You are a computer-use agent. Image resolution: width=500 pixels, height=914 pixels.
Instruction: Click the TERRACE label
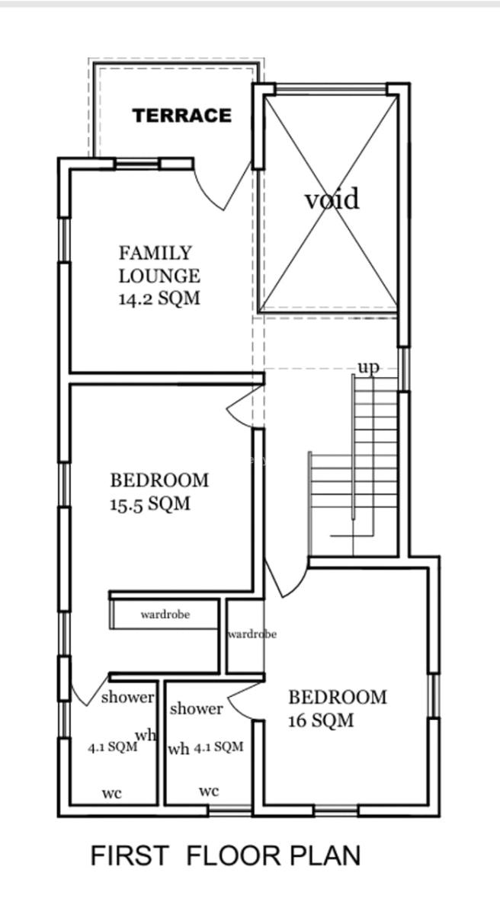click(x=182, y=116)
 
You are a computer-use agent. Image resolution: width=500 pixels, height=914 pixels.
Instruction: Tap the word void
click(x=332, y=199)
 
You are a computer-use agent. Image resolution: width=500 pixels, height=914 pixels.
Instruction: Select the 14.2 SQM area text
click(x=159, y=299)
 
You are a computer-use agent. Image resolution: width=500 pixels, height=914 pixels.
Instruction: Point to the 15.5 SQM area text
click(x=150, y=504)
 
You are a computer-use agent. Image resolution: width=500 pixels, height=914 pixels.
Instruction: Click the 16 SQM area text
click(x=321, y=721)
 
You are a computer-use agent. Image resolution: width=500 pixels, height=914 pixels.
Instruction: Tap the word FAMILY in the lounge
click(x=155, y=253)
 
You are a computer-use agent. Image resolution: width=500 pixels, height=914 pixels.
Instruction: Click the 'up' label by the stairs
click(x=369, y=367)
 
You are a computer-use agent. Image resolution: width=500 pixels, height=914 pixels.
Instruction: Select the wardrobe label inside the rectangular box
click(x=165, y=614)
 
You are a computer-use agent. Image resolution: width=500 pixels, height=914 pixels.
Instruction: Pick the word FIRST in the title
click(x=130, y=855)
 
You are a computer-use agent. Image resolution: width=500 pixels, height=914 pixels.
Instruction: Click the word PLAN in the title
click(x=325, y=855)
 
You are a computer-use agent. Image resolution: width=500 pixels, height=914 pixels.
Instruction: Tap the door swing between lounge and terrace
click(x=223, y=186)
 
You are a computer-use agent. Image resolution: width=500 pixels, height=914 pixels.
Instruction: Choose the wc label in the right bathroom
click(x=209, y=791)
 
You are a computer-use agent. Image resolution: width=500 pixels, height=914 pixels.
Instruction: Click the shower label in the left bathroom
click(x=128, y=698)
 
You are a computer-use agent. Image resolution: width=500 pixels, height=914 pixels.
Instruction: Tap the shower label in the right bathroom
click(x=197, y=709)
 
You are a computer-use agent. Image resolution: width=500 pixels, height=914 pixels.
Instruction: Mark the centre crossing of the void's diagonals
click(x=329, y=203)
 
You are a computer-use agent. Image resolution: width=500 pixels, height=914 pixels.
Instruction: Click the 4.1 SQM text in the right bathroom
click(x=218, y=746)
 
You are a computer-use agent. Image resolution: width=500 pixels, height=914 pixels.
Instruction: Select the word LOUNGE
click(x=159, y=276)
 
